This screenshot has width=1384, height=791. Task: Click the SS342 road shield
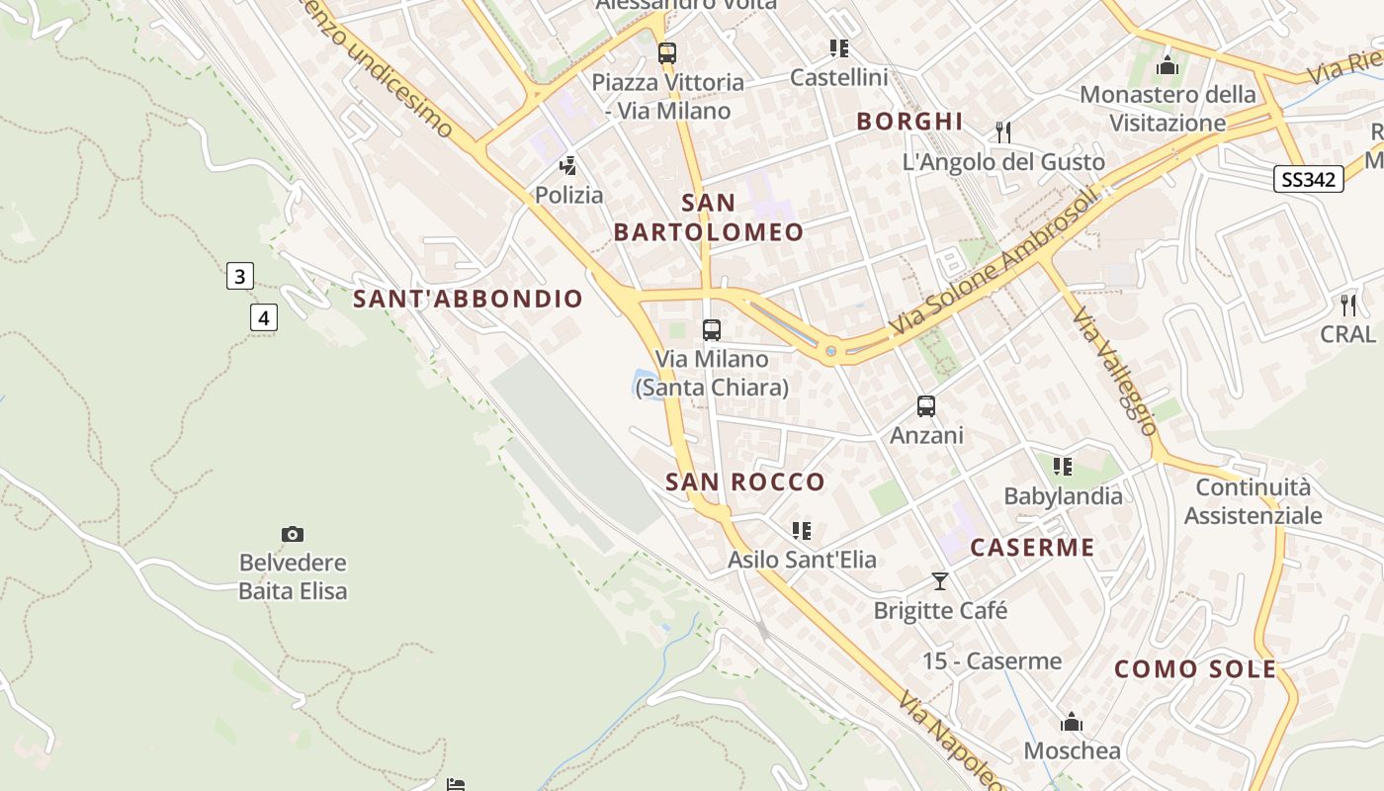point(1308,179)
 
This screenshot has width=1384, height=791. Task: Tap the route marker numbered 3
point(239,276)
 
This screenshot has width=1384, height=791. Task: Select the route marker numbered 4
point(263,317)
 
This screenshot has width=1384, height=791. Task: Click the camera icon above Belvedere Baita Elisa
point(293,535)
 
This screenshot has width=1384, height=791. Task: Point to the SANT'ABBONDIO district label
point(469,299)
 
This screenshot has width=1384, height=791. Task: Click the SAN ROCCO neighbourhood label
point(745,483)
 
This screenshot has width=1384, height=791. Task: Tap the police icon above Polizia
point(568,166)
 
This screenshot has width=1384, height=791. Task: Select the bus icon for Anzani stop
point(926,406)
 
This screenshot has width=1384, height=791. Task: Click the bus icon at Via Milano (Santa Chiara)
point(712,330)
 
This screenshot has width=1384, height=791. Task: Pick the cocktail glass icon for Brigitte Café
point(940,581)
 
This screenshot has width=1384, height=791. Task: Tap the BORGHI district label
point(909,122)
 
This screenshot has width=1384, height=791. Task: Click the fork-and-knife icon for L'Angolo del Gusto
point(1003,132)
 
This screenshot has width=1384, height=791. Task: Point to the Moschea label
point(1073,750)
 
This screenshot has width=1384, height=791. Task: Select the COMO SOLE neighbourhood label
point(1195,669)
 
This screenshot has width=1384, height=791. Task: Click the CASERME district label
point(1032,548)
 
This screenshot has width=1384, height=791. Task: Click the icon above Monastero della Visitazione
point(1168,66)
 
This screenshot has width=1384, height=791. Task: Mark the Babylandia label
point(1063,496)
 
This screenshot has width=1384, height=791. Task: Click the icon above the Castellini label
point(839,48)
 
